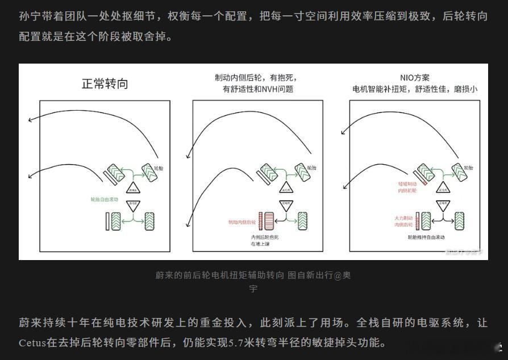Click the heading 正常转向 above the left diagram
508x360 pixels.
105,84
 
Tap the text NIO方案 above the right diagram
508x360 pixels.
415,78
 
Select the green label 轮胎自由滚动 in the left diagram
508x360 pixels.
105,200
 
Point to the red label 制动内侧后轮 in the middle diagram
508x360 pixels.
242,223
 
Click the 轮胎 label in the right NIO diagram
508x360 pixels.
469,169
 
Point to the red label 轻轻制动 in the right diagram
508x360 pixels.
409,184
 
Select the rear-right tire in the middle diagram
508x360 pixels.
301,220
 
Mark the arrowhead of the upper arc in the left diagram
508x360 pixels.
29,119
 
